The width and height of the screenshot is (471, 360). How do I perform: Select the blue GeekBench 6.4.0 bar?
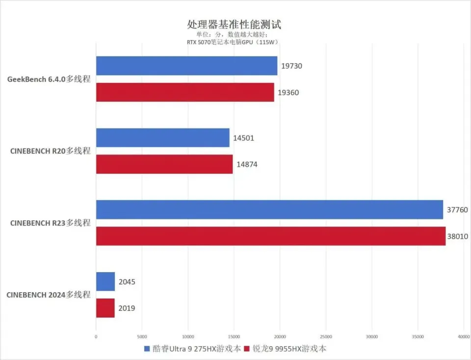click(x=186, y=66)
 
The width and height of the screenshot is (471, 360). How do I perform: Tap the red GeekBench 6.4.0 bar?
click(x=185, y=92)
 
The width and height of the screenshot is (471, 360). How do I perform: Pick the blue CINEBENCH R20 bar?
click(x=162, y=138)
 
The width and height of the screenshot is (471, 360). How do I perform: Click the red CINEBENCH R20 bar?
click(x=164, y=164)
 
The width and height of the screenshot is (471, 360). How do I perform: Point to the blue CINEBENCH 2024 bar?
click(x=105, y=282)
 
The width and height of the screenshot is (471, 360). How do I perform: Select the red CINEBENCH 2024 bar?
click(x=105, y=308)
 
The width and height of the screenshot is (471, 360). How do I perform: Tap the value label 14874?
click(x=247, y=165)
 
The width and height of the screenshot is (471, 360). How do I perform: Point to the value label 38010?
click(x=458, y=236)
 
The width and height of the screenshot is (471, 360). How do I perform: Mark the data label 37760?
click(x=457, y=210)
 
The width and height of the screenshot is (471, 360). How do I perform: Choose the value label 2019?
click(x=127, y=308)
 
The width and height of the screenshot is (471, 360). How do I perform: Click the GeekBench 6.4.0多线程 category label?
click(x=49, y=79)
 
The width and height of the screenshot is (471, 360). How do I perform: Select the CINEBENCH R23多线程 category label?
click(x=51, y=223)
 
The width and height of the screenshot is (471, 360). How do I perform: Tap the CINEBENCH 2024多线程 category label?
click(x=49, y=295)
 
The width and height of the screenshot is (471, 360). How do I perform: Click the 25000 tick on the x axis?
click(x=326, y=337)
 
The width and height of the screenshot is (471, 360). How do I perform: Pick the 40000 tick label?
click(x=464, y=337)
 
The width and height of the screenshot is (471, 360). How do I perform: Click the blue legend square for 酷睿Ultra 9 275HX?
click(x=147, y=349)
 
